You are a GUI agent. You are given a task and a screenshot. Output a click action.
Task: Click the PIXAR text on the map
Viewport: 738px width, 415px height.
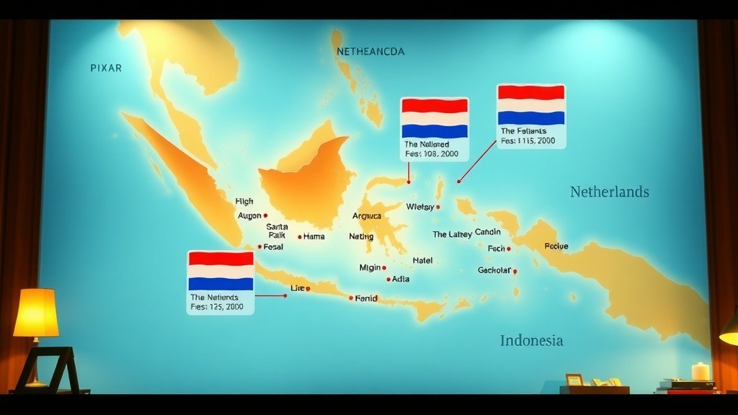[x=106, y=68]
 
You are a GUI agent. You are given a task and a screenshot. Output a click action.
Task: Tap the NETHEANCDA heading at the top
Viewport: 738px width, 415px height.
[x=370, y=52]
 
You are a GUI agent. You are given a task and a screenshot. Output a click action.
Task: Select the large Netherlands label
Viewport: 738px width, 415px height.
[x=609, y=192]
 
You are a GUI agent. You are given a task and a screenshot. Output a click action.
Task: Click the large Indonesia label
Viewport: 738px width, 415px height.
[x=531, y=341]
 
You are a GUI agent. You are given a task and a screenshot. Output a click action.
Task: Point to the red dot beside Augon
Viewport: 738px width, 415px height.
[x=265, y=215]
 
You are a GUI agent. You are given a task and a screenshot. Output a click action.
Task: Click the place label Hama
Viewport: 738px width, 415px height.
[x=314, y=236]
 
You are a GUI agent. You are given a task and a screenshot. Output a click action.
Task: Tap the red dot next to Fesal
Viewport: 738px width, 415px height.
[x=259, y=246]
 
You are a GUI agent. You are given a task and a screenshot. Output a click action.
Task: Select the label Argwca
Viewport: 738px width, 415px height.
[x=366, y=216]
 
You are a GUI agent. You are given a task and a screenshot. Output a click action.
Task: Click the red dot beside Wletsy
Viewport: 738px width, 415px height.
[x=438, y=207]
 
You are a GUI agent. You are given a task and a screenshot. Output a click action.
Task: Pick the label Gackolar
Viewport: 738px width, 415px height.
[x=494, y=270]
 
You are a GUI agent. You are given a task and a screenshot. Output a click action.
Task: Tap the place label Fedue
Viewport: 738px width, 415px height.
[x=556, y=246]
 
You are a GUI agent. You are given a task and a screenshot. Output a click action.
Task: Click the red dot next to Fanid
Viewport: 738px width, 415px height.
[x=351, y=298]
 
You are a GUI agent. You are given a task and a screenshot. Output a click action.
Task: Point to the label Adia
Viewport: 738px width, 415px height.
[x=401, y=279]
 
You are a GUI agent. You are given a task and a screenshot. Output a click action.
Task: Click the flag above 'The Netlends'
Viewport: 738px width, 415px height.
[x=221, y=270]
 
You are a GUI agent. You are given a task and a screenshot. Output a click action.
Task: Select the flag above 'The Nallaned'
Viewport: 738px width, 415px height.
[x=435, y=118]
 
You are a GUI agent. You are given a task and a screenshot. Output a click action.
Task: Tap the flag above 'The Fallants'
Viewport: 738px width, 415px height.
[x=531, y=105]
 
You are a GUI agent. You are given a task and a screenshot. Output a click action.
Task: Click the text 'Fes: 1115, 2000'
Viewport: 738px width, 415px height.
[x=528, y=141]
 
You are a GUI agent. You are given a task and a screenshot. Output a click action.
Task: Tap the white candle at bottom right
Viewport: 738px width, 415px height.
[x=701, y=371]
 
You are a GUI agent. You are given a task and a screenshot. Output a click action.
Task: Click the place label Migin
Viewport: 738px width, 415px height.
[x=370, y=267]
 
